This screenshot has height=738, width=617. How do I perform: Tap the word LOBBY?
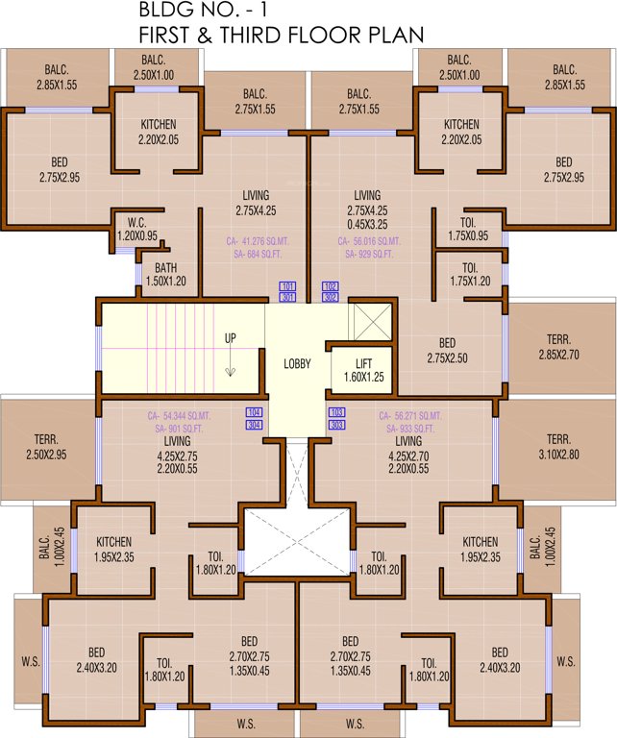(x=297, y=364)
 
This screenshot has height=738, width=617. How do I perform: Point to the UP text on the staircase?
(x=231, y=338)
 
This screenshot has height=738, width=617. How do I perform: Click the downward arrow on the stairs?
(x=231, y=370)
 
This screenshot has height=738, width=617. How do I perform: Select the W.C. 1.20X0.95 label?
(x=136, y=228)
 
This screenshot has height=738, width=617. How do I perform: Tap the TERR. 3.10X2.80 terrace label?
(x=558, y=445)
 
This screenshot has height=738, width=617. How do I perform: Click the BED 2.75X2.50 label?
(x=447, y=350)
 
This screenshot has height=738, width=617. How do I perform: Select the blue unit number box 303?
(x=336, y=424)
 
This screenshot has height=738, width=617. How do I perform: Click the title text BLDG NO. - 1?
(x=195, y=12)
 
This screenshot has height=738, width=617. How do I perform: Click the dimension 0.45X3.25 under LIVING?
(x=367, y=223)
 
